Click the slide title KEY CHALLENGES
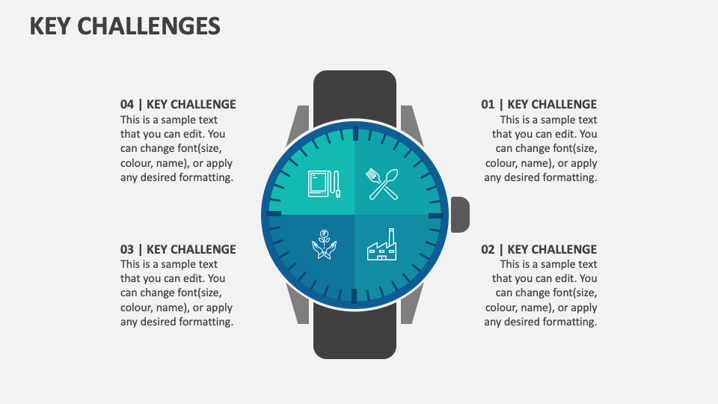[125, 26]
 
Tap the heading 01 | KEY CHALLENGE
[538, 105]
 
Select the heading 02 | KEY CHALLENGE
[538, 249]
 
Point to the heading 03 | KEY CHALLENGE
[178, 249]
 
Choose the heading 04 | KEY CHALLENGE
[178, 105]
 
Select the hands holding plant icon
[324, 245]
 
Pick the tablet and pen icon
[324, 184]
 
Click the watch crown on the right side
[460, 214]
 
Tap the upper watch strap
[355, 96]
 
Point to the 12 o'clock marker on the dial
[355, 134]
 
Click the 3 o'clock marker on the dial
[436, 215]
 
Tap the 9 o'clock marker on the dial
[274, 214]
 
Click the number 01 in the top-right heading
[488, 105]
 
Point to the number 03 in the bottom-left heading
[127, 249]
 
